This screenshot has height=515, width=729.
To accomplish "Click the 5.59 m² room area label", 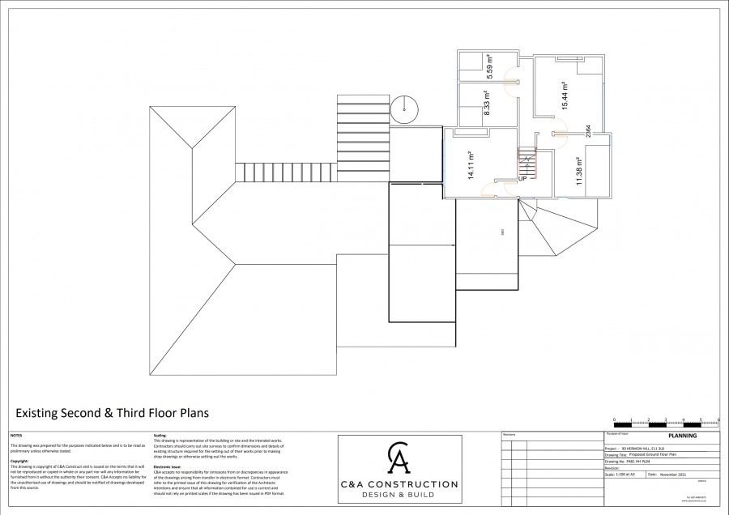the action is tap(490, 64).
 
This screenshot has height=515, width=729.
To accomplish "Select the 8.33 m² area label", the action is tap(487, 103).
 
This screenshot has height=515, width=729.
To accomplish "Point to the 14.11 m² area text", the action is tap(470, 164).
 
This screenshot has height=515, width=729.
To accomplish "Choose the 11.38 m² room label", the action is tap(579, 171).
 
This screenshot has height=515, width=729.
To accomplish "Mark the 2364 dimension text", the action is tap(588, 132).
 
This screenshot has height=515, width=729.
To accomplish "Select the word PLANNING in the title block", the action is tap(681, 436).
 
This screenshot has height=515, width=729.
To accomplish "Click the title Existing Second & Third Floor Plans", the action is tap(112, 413).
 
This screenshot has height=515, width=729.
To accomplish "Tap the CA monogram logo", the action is tap(397, 460).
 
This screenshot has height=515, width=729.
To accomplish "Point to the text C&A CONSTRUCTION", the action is tap(398, 484).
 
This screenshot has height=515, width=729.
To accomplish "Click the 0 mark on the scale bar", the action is tap(614, 420).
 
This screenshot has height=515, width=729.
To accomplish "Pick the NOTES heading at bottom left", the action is tap(16, 436).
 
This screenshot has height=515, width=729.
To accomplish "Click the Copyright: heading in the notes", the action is tap(19, 461).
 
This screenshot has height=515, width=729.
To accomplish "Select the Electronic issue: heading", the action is tap(168, 466).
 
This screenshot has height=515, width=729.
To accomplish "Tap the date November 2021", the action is tap(672, 475).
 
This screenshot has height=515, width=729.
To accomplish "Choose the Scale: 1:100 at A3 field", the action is tap(624, 475).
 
